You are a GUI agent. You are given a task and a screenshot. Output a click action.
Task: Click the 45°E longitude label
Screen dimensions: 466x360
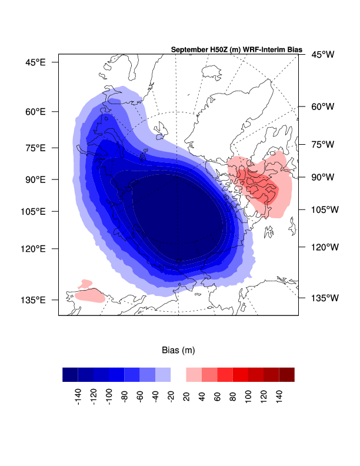tap(34, 62)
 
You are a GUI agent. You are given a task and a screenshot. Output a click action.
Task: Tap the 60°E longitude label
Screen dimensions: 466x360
tap(34, 111)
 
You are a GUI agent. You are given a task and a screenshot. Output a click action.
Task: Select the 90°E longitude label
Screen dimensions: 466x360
tap(34, 179)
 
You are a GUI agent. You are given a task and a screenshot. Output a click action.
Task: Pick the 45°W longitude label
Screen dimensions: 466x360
tap(323, 55)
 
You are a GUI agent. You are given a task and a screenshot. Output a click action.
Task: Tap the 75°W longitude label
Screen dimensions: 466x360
tap(323, 144)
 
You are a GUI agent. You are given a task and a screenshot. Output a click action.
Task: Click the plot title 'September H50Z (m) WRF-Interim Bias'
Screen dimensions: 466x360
tap(236, 50)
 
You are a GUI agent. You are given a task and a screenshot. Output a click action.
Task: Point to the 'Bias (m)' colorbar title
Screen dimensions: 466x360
tap(178, 350)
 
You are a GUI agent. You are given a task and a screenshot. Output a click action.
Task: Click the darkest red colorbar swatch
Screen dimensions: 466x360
tap(286, 375)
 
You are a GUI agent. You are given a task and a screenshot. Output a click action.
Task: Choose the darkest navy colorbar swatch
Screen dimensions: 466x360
tap(70, 375)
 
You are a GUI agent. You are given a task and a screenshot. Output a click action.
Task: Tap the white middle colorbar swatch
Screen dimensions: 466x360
tap(178, 375)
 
